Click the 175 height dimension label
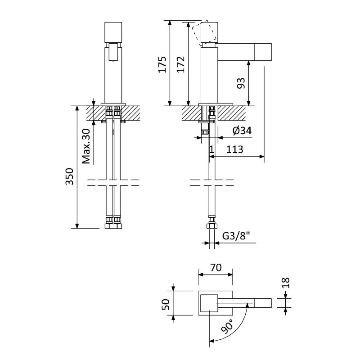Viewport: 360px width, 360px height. click(163, 64)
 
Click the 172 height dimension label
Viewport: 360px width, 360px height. click(181, 64)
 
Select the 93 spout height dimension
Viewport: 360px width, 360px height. click(241, 83)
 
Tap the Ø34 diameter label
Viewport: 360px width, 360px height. click(242, 131)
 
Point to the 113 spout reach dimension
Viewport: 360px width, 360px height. click(234, 149)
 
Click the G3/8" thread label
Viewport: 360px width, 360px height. click(236, 236)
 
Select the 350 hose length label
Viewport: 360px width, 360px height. click(69, 176)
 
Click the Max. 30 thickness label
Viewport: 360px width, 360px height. click(86, 146)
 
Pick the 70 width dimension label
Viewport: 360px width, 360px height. click(216, 267)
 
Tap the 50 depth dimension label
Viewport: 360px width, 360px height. click(166, 305)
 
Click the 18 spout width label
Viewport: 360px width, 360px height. click(286, 283)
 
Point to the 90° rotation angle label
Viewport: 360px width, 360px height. click(227, 326)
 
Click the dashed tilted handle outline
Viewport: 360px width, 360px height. click(204, 32)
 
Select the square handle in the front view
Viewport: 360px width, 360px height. click(113, 32)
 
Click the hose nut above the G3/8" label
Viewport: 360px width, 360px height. click(211, 226)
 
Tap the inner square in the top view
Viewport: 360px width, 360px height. click(209, 303)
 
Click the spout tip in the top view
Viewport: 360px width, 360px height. click(263, 303)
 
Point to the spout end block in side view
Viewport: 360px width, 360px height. click(263, 52)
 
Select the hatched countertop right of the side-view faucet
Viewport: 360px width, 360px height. click(232, 113)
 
